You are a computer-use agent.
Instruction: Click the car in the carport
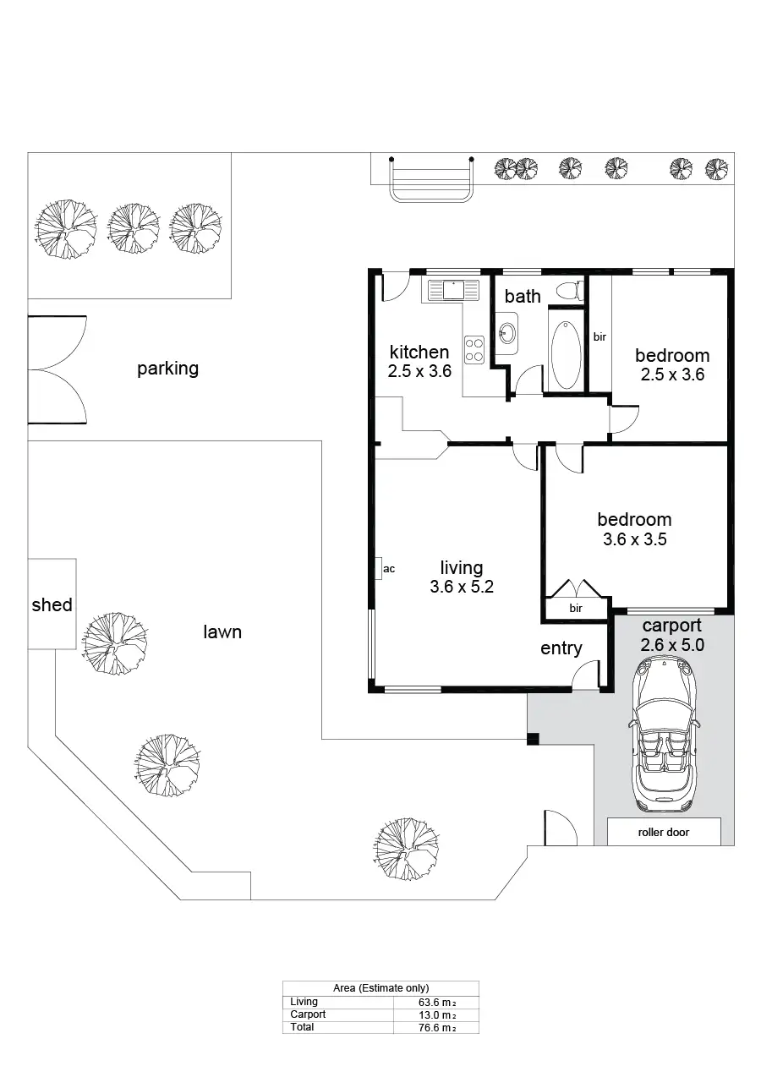click(664, 735)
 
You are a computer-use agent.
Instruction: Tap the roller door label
click(663, 832)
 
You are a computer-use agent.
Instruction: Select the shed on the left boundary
click(52, 604)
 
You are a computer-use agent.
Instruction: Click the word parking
click(167, 369)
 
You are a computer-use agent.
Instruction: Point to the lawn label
click(222, 631)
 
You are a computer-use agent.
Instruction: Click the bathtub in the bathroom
click(566, 354)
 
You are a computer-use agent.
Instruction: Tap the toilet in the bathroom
click(570, 292)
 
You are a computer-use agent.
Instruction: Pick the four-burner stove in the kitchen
click(474, 350)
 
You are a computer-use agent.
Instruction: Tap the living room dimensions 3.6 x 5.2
click(461, 587)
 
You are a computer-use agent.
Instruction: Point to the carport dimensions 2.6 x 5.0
click(672, 644)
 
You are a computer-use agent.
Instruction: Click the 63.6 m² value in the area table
click(436, 1003)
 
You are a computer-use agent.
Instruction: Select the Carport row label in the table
click(308, 1014)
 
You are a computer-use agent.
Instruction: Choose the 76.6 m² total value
click(436, 1027)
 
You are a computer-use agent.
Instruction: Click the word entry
click(561, 648)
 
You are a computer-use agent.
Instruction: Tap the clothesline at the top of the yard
click(431, 179)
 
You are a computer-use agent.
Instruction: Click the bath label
click(523, 296)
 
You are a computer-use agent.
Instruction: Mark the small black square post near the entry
click(532, 740)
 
